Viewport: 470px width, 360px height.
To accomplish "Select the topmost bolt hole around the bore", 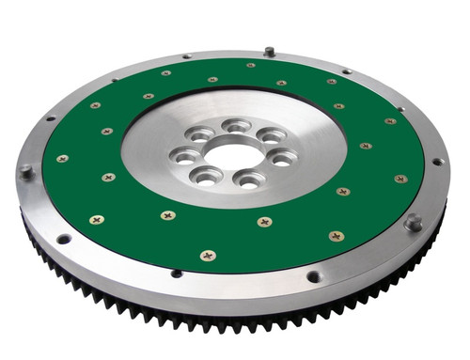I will tap(236, 125).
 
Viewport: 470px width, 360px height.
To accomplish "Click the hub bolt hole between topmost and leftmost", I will tap(200, 135).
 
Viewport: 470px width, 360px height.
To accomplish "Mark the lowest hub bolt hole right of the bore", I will tap(248, 179).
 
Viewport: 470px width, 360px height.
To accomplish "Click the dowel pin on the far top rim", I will tap(269, 51).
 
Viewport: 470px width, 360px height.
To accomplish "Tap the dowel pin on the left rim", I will tap(25, 171).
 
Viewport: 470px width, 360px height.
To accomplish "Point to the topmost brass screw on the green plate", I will tap(251, 66).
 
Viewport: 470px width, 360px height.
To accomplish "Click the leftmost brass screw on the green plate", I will tap(62, 159).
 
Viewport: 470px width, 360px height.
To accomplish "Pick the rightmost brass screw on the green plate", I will tap(401, 179).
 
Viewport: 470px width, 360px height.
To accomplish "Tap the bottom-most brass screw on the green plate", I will tap(208, 255).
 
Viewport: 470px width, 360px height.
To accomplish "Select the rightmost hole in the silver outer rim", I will tap(437, 161).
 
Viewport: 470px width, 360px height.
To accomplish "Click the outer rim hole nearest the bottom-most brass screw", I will tap(177, 274).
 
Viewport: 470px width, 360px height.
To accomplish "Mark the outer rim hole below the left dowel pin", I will tap(64, 239).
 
